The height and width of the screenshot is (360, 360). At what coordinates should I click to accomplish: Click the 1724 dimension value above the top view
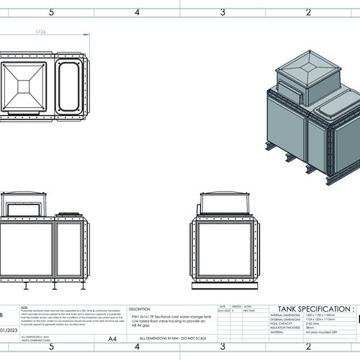pos(41,32)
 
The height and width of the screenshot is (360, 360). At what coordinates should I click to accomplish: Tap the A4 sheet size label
pos(112,338)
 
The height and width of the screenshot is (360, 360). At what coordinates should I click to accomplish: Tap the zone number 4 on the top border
pos(138,12)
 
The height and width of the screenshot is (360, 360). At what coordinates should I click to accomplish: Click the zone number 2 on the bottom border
pos(308,346)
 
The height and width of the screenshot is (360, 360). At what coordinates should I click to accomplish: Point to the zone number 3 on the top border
pos(223,12)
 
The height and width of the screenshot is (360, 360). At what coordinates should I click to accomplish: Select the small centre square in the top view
pos(23,86)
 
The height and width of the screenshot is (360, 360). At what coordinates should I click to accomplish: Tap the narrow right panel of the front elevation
pos(71,249)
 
